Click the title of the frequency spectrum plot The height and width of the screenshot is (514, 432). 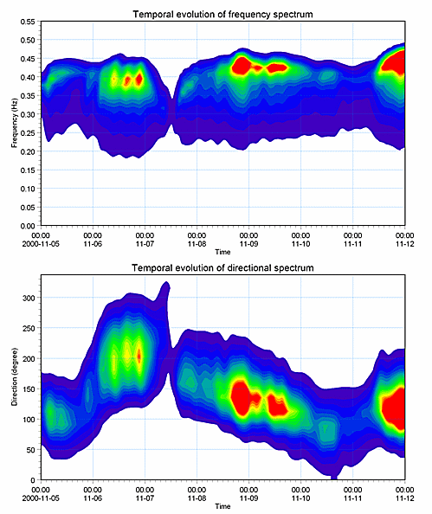point(222,15)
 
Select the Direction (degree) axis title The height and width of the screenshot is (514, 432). point(15,376)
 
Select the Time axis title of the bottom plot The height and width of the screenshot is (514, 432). point(222,506)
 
